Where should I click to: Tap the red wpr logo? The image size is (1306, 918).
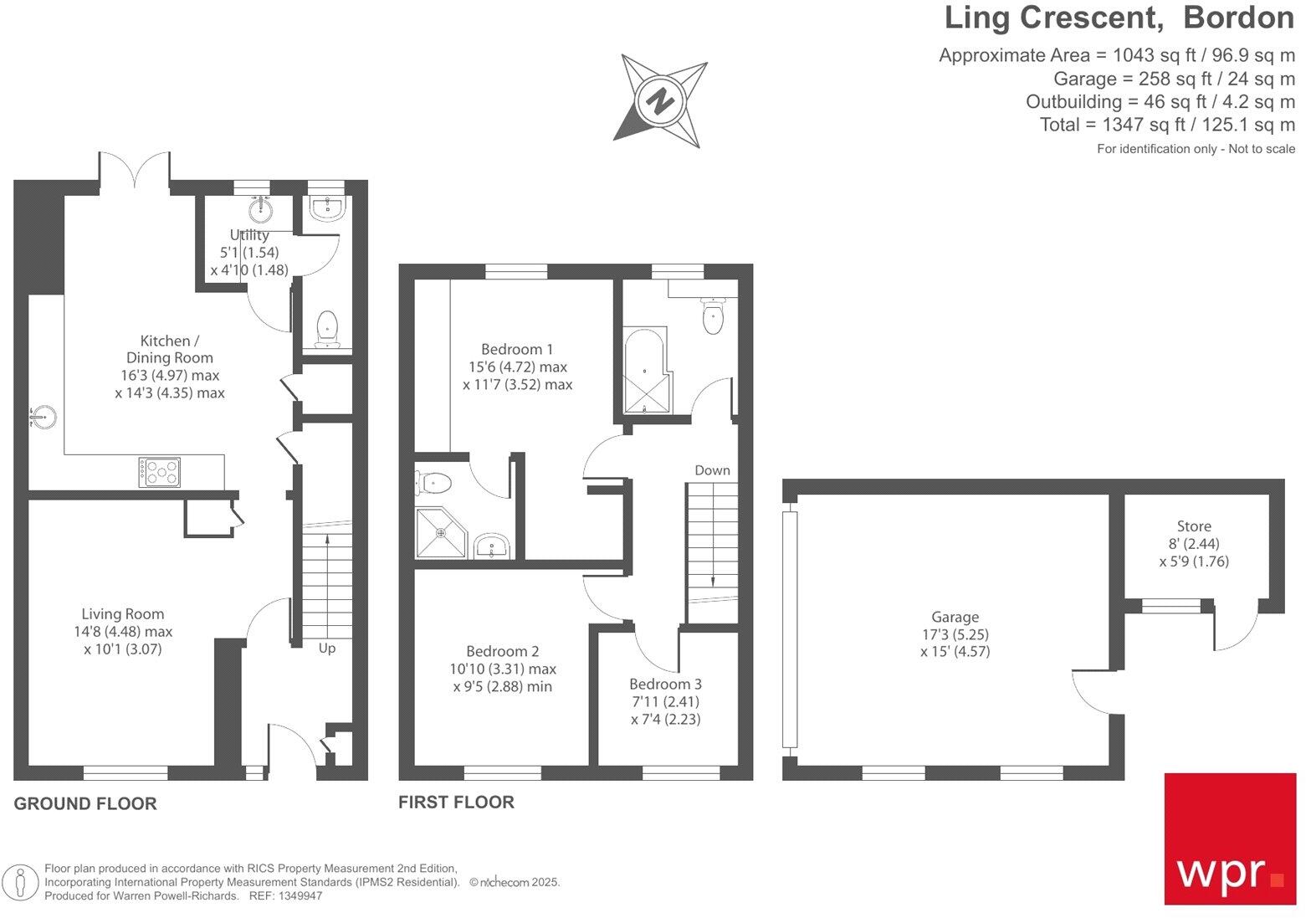1230,839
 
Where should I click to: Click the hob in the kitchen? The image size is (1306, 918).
159,472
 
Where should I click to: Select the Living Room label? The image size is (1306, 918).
123,614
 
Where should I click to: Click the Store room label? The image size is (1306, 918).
1194,526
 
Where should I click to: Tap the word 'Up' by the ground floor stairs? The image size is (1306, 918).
327,649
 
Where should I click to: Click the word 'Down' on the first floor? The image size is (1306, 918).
712,470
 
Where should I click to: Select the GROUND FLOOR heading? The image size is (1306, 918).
85,804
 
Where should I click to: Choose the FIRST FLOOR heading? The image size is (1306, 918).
456,803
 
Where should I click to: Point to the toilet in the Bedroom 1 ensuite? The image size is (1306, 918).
433,483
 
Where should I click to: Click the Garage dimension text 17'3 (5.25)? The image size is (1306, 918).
955,634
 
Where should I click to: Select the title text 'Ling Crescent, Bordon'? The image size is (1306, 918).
1119,18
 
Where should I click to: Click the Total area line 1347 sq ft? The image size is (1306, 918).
1167,125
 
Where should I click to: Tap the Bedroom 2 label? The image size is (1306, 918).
502,652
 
